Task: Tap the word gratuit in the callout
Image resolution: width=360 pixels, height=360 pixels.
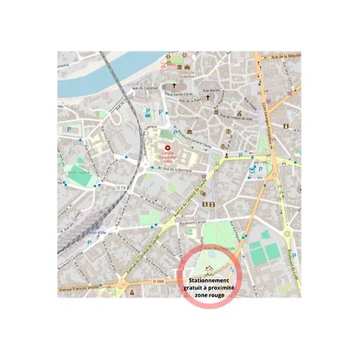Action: [198, 288]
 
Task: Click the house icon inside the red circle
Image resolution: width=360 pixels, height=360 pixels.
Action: [209, 271]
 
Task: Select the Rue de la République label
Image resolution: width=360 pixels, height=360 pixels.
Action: [286, 57]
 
